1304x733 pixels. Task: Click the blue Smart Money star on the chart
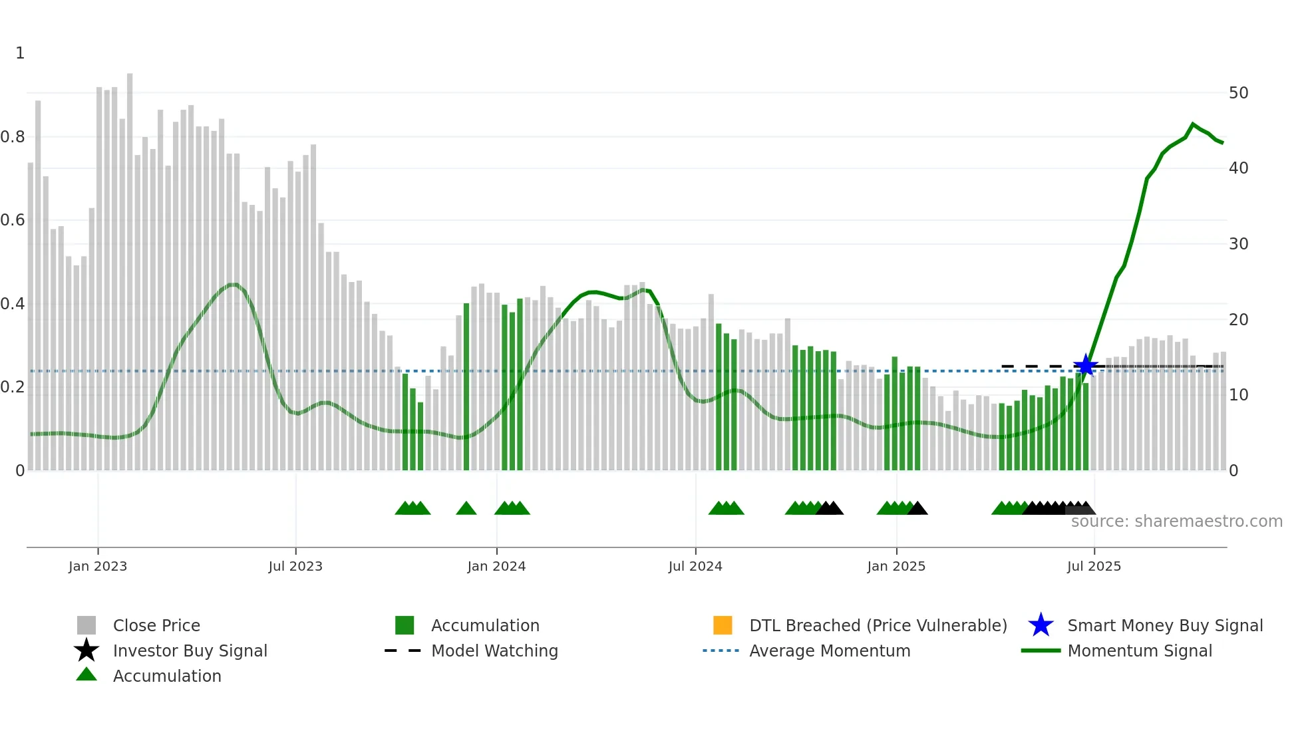(x=1085, y=365)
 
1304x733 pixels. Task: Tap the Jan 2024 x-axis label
(x=496, y=566)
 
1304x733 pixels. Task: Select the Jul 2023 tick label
(x=295, y=566)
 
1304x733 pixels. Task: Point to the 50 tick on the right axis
(x=1238, y=93)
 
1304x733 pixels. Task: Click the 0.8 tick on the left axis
(x=13, y=137)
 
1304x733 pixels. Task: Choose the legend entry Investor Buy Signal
(x=190, y=651)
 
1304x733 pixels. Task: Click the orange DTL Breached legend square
(x=723, y=625)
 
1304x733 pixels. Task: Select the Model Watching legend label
(x=494, y=651)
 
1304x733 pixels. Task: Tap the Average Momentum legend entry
(x=829, y=651)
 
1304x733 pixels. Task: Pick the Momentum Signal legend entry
(x=1139, y=651)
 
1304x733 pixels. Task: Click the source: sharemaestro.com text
(x=1176, y=521)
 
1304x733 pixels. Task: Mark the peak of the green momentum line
(x=1193, y=124)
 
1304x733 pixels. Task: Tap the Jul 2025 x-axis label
(x=1094, y=566)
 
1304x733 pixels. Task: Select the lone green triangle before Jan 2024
(x=466, y=509)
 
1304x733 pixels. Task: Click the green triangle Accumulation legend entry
(x=166, y=676)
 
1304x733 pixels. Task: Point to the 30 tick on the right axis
(x=1238, y=244)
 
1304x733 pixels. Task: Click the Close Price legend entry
(x=156, y=625)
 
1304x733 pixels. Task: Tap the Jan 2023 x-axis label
(x=98, y=566)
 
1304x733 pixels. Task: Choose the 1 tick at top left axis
(x=20, y=53)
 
